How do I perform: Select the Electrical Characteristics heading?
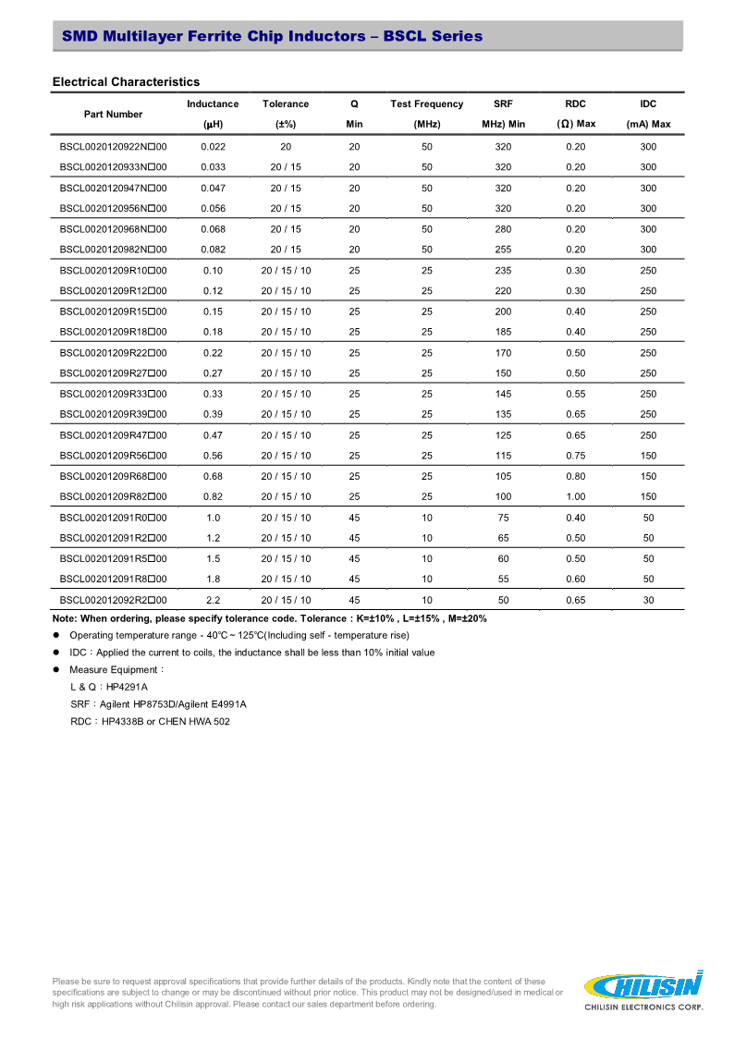click(126, 82)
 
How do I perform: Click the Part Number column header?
click(113, 114)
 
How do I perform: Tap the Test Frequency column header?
click(426, 104)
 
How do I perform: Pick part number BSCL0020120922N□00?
click(113, 147)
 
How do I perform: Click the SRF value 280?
click(503, 229)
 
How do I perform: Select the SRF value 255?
click(503, 250)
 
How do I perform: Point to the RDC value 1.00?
click(575, 496)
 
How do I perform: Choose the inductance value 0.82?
click(213, 496)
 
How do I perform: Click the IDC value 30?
click(648, 600)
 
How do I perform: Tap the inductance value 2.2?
click(213, 600)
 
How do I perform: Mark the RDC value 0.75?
click(575, 456)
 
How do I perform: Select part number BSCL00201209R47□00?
click(113, 435)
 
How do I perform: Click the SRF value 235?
click(503, 270)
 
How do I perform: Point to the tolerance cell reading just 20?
click(286, 147)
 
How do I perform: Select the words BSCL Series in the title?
click(433, 36)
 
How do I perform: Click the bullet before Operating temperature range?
click(56, 635)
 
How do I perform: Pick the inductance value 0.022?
click(213, 147)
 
